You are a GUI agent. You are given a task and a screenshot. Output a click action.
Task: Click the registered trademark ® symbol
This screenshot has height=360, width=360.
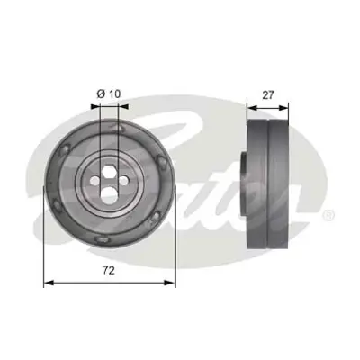click(329, 213)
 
